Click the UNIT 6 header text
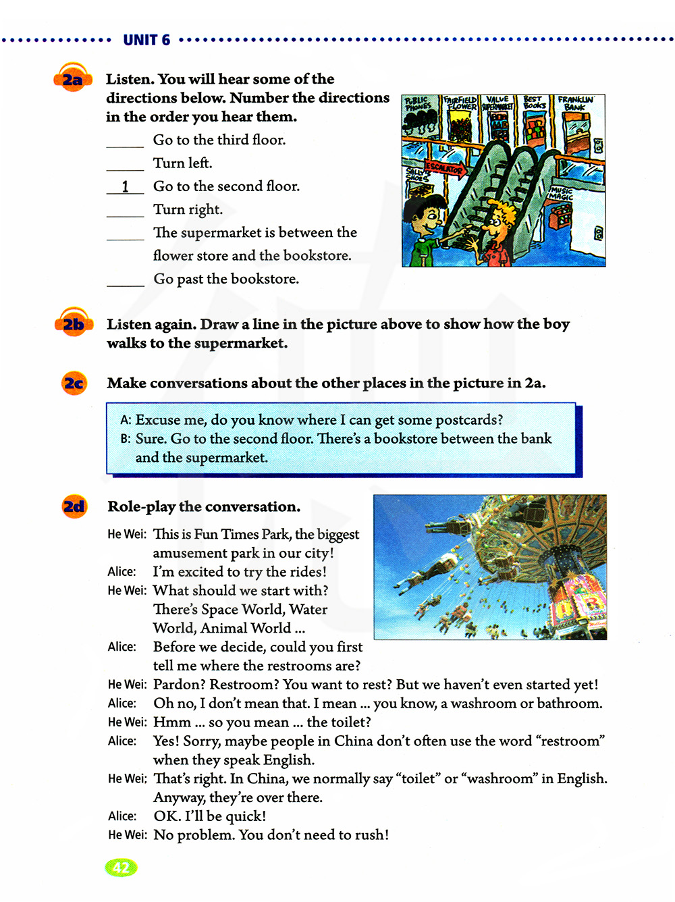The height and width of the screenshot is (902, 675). (x=146, y=40)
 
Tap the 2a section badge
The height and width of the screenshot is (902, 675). (x=72, y=80)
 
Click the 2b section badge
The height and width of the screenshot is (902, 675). (x=73, y=325)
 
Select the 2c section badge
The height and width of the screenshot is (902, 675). (x=74, y=383)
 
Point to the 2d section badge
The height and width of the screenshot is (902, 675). (x=74, y=506)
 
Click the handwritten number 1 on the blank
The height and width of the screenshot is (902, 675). (x=125, y=186)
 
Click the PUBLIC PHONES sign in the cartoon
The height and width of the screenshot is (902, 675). (x=418, y=103)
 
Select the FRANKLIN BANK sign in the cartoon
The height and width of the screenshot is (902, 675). (x=574, y=103)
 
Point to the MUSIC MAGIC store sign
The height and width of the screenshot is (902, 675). (x=561, y=194)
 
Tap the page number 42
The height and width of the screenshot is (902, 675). (x=121, y=868)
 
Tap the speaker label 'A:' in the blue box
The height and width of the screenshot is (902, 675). (x=126, y=420)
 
